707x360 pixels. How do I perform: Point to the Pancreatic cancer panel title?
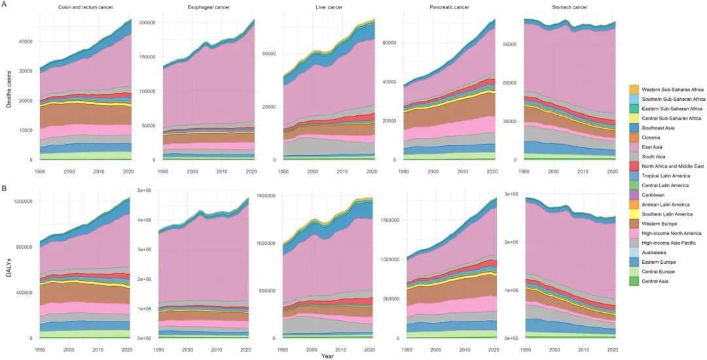pyautogui.click(x=448, y=8)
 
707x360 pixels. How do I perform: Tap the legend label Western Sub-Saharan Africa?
pyautogui.click(x=672, y=88)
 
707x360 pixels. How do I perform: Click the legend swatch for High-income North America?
pyautogui.click(x=634, y=232)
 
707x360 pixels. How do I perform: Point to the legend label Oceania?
pyautogui.click(x=653, y=137)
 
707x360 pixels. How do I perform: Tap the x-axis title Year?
pyautogui.click(x=327, y=355)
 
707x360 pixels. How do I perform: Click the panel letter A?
pyautogui.click(x=5, y=5)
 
